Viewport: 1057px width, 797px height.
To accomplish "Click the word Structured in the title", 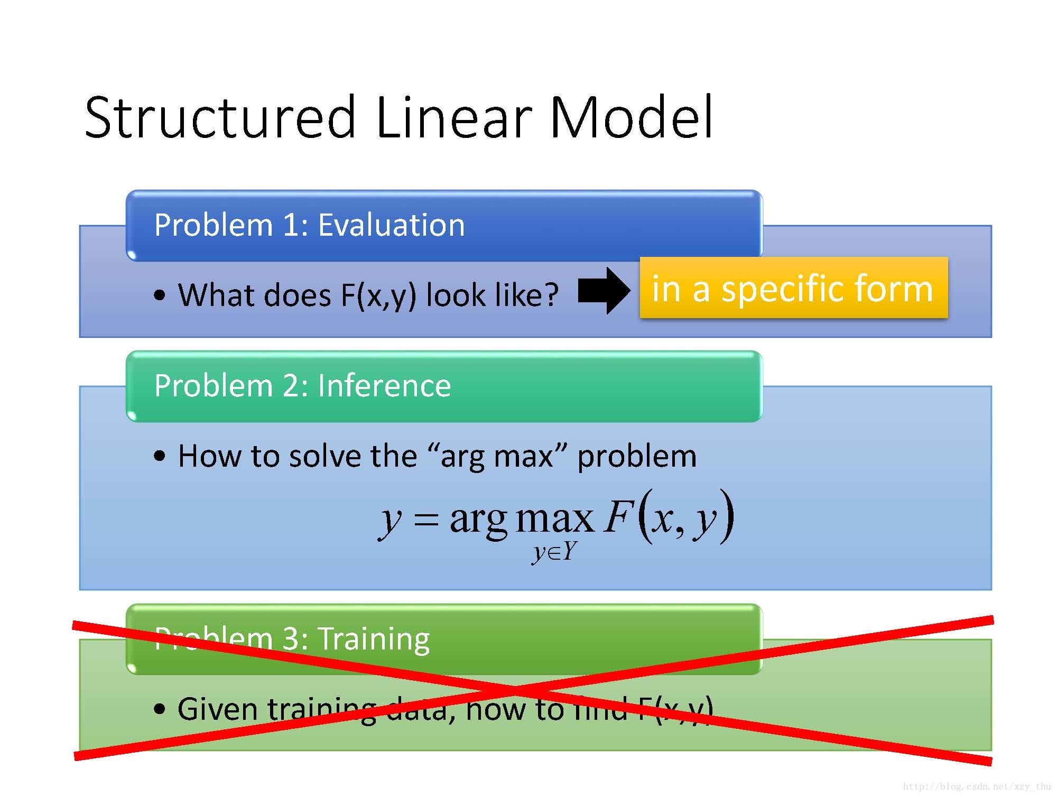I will coord(219,117).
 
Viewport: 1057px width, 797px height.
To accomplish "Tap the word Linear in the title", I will coord(453,117).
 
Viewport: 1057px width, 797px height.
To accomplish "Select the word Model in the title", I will coord(632,117).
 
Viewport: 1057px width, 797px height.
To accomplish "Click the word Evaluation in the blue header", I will coord(391,225).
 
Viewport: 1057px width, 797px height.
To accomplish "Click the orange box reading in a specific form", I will coord(794,288).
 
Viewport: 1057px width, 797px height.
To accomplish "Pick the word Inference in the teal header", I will coord(384,385).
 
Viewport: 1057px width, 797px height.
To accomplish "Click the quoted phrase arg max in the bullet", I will coord(497,456).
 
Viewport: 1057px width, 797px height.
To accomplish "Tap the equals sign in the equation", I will coord(426,519).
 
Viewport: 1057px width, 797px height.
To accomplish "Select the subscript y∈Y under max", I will coord(553,552).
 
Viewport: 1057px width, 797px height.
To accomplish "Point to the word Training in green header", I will coord(374,638).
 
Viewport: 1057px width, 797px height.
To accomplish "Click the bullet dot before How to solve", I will coord(160,456).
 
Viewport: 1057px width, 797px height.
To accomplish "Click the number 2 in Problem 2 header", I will coord(291,385).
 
